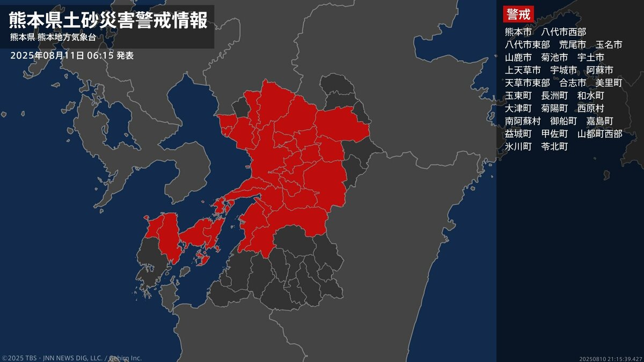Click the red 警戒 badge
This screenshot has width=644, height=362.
coord(517,14)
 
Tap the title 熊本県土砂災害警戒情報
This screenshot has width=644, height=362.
coord(108,20)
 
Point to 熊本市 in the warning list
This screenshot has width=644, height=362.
coord(518,32)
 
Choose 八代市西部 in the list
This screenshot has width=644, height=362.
coord(563,32)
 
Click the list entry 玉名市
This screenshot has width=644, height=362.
coord(609,45)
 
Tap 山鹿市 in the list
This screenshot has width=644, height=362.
coord(518,57)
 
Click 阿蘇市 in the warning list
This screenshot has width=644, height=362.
coord(600,70)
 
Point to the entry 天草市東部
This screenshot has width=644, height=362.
coord(528,83)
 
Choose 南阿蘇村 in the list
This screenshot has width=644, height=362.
coord(523,121)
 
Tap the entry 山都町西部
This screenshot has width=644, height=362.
coord(600,134)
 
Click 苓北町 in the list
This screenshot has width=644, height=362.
coord(554,146)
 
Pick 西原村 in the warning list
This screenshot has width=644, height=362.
coord(591,108)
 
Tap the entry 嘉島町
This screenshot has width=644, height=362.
coord(600,121)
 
